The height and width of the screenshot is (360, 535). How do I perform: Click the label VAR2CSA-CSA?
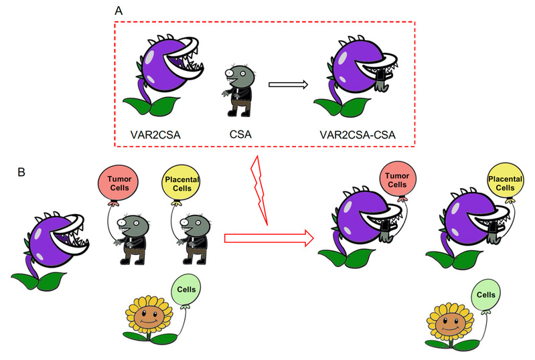click(358, 134)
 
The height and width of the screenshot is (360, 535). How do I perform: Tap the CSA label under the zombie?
click(240, 134)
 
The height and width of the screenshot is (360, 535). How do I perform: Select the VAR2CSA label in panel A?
click(155, 134)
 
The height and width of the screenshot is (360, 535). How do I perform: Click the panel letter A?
click(119, 11)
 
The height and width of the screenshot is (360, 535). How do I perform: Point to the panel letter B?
click(21, 172)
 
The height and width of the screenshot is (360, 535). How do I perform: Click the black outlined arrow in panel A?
click(289, 84)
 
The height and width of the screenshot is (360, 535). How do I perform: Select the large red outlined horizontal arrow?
click(269, 238)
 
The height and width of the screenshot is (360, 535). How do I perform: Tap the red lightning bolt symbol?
click(259, 190)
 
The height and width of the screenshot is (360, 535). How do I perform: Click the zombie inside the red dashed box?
click(239, 91)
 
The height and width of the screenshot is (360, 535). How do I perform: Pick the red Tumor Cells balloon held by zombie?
click(118, 183)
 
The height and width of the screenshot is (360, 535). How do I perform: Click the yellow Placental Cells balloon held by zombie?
click(181, 183)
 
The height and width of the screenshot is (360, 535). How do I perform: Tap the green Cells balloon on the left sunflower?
click(186, 290)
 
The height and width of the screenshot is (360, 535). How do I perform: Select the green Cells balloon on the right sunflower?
click(485, 295)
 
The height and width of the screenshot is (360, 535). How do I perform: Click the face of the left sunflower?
click(148, 317)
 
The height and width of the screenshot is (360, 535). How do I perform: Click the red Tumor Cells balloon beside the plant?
click(398, 180)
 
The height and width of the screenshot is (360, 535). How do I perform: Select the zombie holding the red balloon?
click(132, 239)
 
